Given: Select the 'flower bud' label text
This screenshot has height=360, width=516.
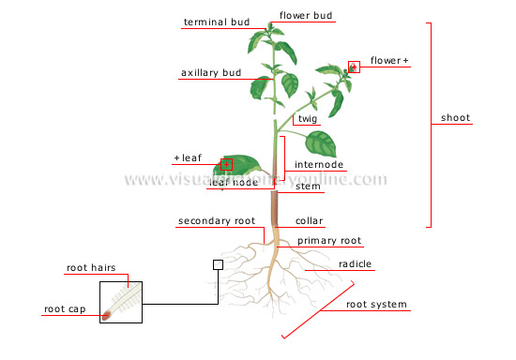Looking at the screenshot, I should [306, 16].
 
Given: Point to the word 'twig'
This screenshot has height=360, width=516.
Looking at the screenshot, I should [308, 119].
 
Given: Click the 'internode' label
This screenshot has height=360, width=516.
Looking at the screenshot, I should [319, 165].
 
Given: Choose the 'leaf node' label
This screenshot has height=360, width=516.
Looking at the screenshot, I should [233, 183].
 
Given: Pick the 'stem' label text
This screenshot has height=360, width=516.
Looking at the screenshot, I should [308, 187].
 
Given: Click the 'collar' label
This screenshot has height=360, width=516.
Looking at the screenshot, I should [310, 221].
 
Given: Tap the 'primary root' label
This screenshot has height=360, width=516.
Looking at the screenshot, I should [329, 241].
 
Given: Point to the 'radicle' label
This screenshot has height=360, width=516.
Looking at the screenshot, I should [356, 264].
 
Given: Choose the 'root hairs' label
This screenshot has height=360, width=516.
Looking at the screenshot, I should [91, 268].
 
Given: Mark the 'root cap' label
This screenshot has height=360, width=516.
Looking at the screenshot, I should [66, 307].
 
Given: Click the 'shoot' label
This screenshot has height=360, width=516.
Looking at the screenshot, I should [456, 118].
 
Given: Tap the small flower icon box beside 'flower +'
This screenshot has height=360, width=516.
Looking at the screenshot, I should [354, 66].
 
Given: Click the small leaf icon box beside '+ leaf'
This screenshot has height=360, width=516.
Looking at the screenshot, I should [226, 163].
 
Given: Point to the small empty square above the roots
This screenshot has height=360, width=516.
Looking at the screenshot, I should [218, 265].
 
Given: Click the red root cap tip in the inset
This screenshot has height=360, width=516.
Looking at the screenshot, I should [106, 315].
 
